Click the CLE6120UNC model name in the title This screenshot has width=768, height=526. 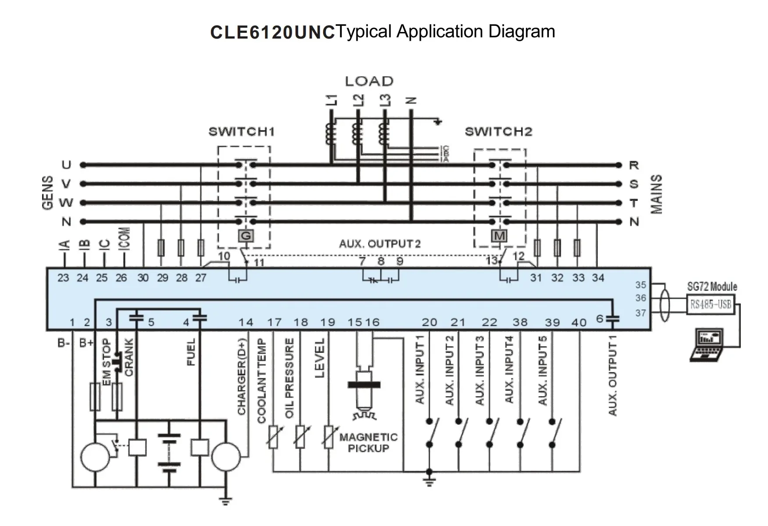(x=272, y=32)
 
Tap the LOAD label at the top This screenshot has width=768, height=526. (x=369, y=82)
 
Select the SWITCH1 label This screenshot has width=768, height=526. (x=242, y=131)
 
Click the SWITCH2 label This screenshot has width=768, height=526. (x=498, y=131)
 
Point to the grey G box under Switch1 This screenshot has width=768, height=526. (x=246, y=236)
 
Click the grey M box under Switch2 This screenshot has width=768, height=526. (x=499, y=236)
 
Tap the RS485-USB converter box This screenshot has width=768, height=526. (x=711, y=305)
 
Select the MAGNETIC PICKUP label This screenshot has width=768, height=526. (x=368, y=443)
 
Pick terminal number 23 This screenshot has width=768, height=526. (x=63, y=278)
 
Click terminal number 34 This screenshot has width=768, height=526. (x=598, y=278)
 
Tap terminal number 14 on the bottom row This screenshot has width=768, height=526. (x=245, y=323)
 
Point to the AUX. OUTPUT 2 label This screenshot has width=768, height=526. (x=380, y=244)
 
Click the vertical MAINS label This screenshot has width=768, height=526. (x=656, y=194)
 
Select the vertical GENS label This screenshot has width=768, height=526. (x=48, y=193)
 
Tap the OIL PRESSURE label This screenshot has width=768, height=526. (x=289, y=378)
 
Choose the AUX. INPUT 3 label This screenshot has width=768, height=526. (x=480, y=370)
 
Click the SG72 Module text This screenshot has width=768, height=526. (x=712, y=287)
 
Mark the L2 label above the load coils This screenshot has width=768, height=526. (x=359, y=100)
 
